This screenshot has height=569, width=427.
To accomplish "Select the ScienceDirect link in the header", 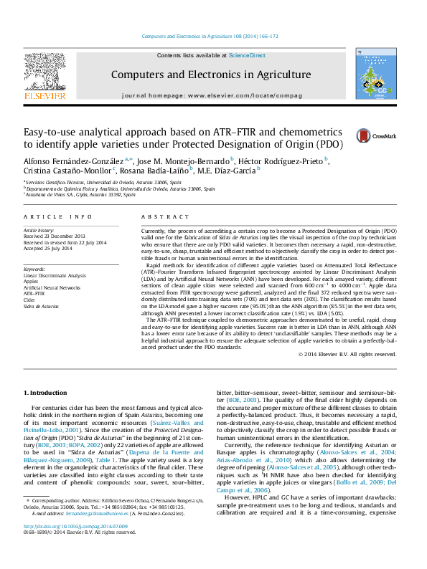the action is coord(247,55).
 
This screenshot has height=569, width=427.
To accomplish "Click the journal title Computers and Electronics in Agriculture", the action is coord(212,75).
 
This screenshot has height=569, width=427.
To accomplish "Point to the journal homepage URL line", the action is coord(212,95).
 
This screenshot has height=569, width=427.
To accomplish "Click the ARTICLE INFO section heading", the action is coord(58,216).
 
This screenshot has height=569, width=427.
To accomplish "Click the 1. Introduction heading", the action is coord(47,393).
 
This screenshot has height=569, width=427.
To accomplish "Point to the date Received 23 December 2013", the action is coord(55,236).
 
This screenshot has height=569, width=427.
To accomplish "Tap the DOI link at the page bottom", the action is coord(69,546).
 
